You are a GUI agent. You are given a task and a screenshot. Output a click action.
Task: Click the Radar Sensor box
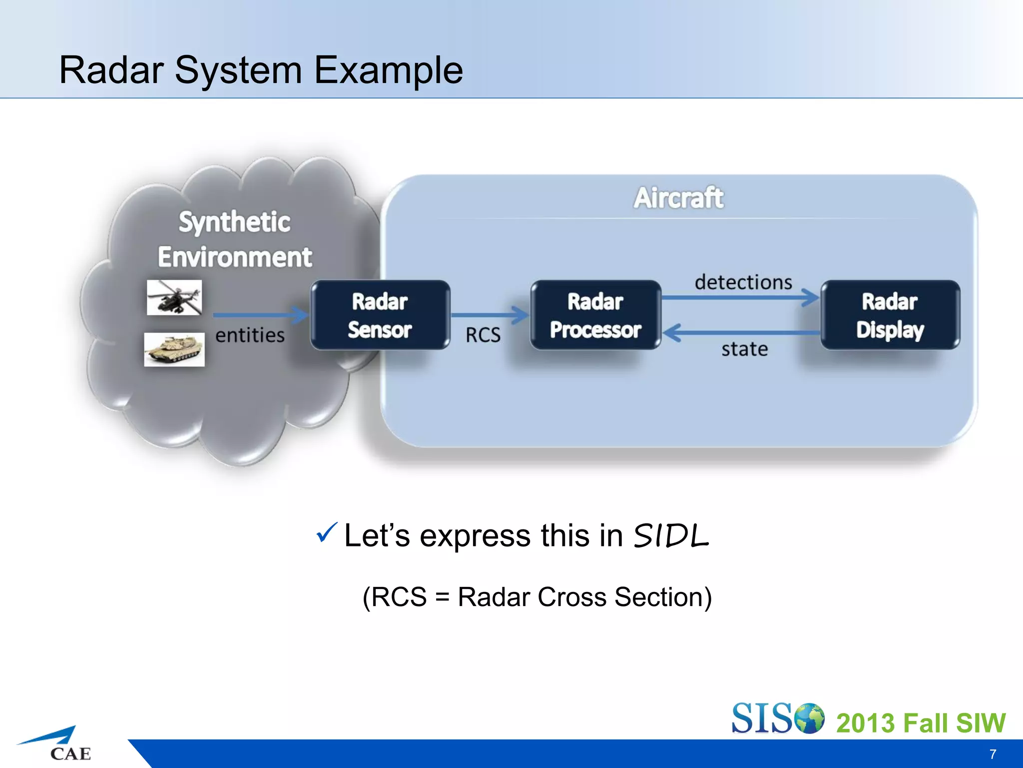380,315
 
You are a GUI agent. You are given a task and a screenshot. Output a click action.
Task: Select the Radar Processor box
595,315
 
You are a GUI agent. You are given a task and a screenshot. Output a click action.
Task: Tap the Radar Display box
890,315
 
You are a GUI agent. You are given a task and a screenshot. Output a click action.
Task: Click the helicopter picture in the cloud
174,297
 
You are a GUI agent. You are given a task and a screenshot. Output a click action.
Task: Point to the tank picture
174,349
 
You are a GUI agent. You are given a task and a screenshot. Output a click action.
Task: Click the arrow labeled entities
260,315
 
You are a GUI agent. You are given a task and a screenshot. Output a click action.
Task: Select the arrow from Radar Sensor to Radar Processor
490,315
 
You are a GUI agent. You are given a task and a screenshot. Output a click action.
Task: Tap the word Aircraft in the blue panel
678,198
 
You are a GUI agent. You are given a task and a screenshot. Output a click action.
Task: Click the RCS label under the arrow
483,335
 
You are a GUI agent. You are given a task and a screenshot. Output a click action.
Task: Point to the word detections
743,282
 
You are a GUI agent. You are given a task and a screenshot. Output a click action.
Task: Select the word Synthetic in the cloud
234,222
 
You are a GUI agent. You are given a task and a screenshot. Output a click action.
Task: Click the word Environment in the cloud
235,257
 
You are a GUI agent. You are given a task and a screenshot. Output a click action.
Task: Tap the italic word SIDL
671,536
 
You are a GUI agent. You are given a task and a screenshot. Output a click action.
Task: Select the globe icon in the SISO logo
809,718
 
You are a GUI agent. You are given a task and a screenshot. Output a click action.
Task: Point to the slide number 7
993,754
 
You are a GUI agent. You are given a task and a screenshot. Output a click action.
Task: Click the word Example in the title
388,70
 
